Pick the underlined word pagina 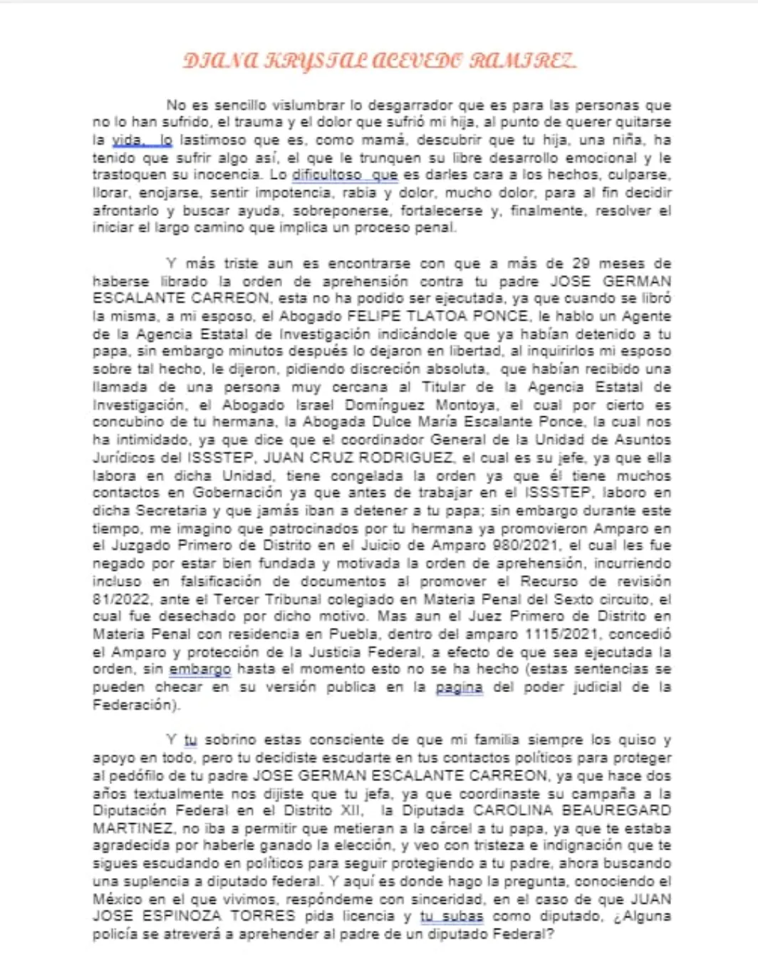[459, 687]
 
